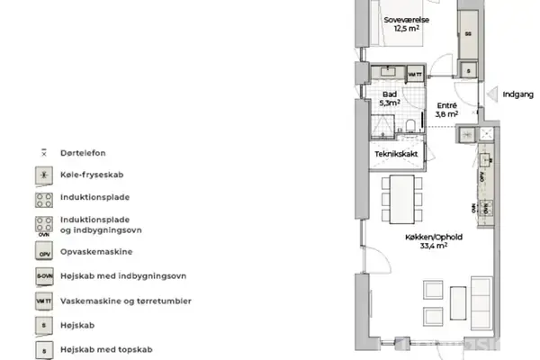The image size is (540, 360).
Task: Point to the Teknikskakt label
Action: click(x=395, y=155)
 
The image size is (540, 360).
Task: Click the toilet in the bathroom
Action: click(x=409, y=125)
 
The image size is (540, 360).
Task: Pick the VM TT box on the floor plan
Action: click(x=415, y=73)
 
